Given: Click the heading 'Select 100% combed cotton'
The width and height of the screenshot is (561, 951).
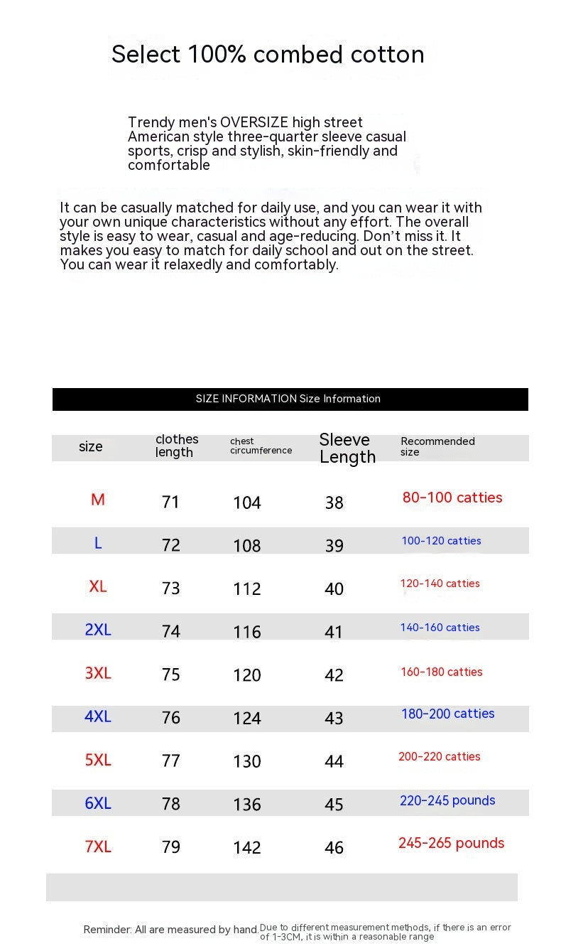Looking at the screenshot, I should tap(268, 55).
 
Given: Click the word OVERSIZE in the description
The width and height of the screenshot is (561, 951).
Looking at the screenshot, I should tap(254, 122).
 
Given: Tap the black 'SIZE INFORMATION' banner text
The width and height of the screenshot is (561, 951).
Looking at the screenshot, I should tap(288, 399).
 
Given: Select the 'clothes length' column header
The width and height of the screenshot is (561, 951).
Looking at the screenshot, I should tap(177, 446).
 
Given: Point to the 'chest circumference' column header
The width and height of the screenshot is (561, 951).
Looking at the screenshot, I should tap(261, 446).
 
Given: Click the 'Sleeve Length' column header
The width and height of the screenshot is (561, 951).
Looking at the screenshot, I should tap(347, 448).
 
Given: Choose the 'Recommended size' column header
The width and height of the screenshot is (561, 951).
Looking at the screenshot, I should tap(437, 446).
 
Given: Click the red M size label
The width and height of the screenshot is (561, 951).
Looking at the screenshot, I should tap(98, 500).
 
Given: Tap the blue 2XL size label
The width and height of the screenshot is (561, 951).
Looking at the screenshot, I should tap(98, 630).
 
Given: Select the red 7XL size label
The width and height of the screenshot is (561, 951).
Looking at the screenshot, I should tap(98, 847).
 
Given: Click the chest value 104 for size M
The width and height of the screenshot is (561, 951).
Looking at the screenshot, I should tap(247, 503).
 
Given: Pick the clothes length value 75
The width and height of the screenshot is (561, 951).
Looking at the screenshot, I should tap(171, 675).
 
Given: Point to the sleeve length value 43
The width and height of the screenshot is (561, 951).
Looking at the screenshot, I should tap(334, 719).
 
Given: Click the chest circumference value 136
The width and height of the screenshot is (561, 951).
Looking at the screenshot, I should tap(247, 805).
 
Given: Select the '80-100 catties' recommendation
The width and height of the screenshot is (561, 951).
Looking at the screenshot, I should tap(452, 498).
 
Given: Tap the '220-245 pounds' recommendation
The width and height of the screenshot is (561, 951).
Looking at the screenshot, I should tap(447, 800).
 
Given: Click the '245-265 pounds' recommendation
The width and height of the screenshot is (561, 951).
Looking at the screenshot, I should tap(451, 843).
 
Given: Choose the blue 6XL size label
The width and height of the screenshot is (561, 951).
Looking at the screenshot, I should tap(98, 803).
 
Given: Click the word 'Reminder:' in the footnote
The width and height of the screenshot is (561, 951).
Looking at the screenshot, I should tap(107, 930).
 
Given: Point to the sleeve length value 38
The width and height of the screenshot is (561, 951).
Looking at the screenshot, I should tap(334, 503).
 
